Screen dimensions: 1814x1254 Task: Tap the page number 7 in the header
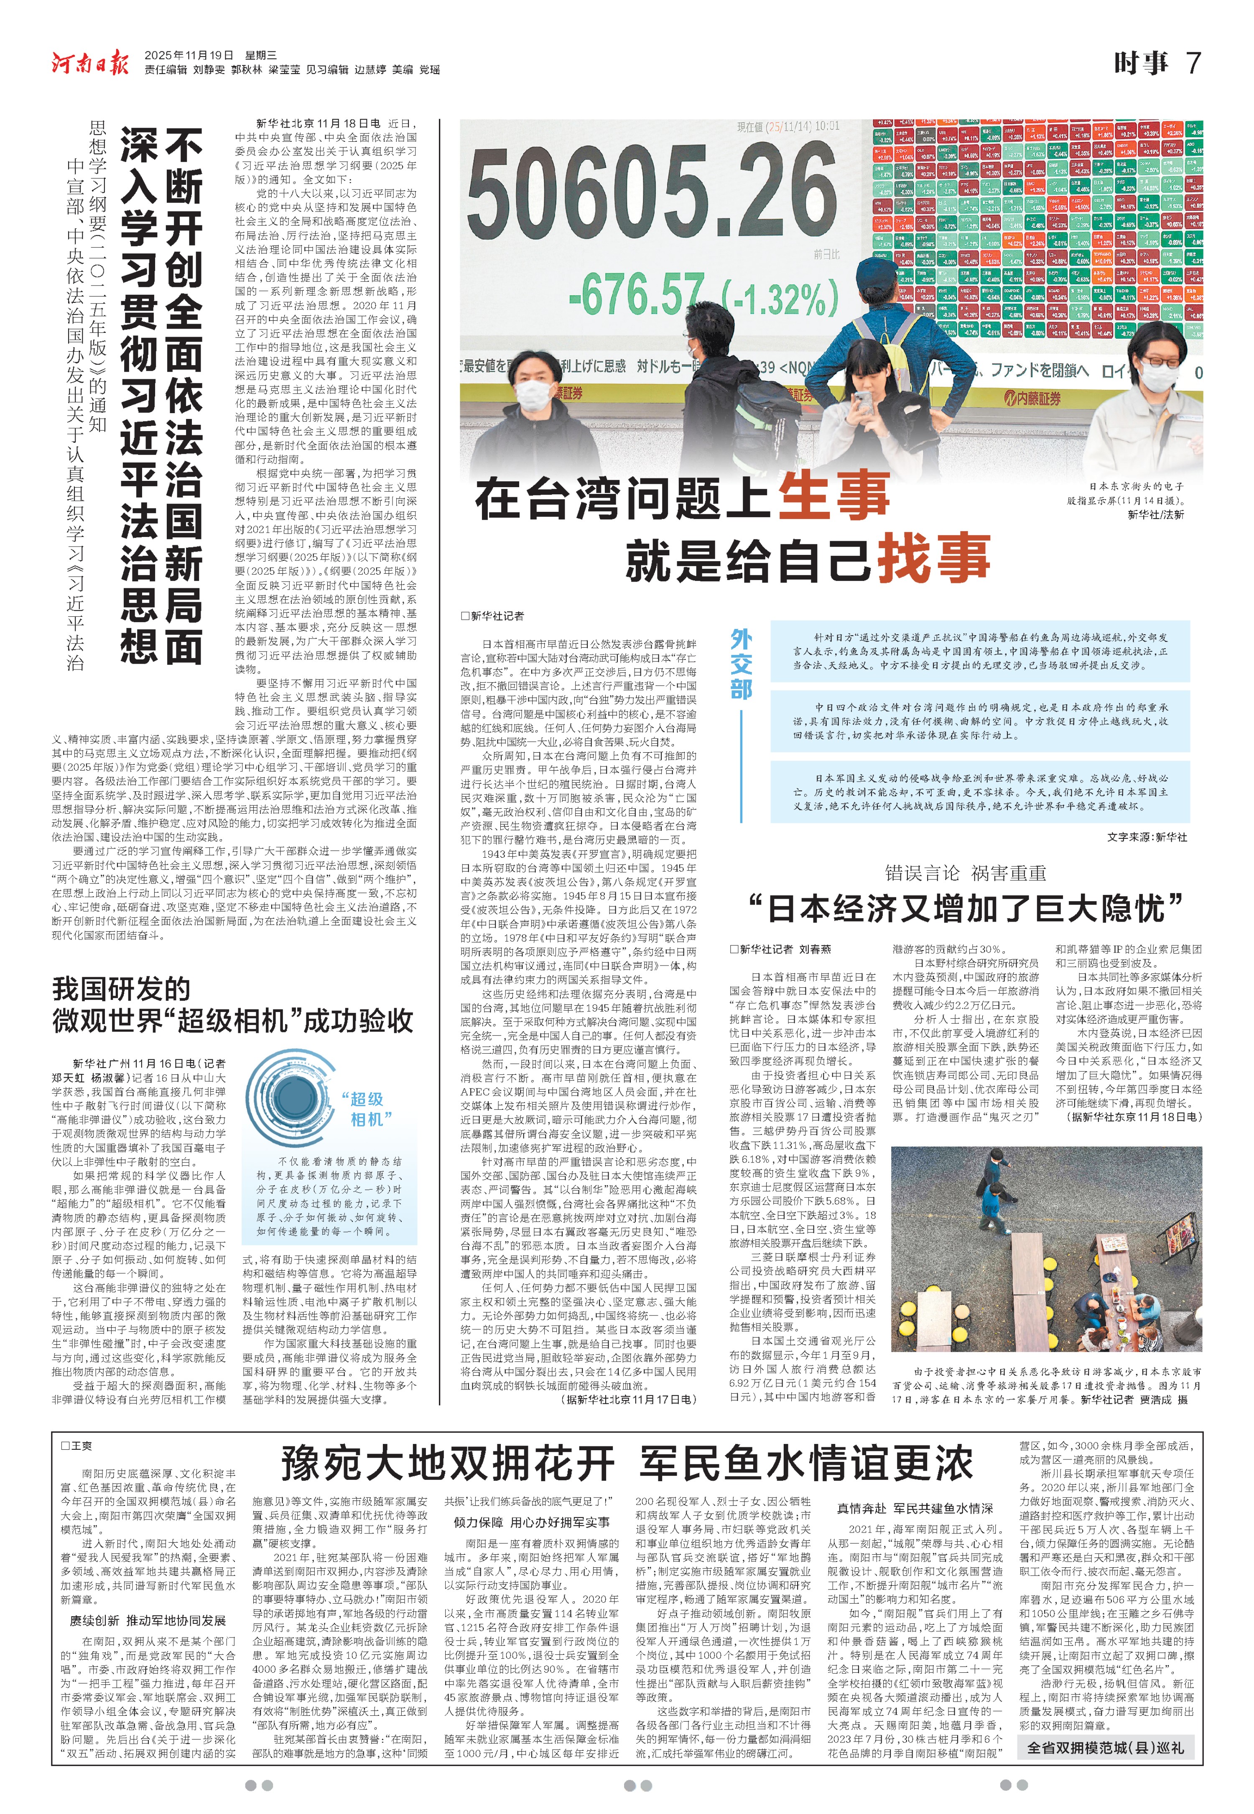[1193, 63]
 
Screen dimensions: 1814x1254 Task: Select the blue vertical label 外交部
[741, 664]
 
